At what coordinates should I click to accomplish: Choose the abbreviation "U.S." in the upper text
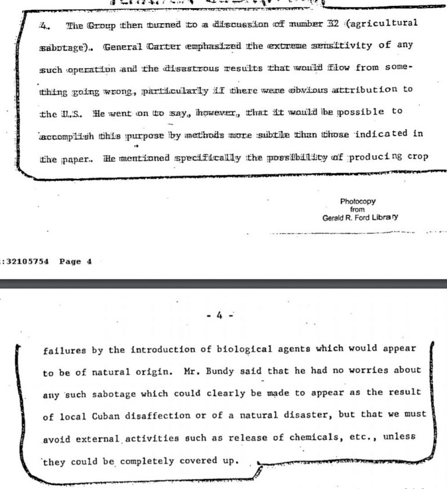click(x=69, y=112)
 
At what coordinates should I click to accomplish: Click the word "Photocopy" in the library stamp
click(x=358, y=202)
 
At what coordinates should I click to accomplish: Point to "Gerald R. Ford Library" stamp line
click(x=360, y=217)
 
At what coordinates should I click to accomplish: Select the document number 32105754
click(x=27, y=262)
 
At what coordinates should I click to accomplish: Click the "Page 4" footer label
click(x=76, y=262)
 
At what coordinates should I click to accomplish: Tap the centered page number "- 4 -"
click(x=223, y=316)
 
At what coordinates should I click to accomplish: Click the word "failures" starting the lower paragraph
click(x=61, y=351)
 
